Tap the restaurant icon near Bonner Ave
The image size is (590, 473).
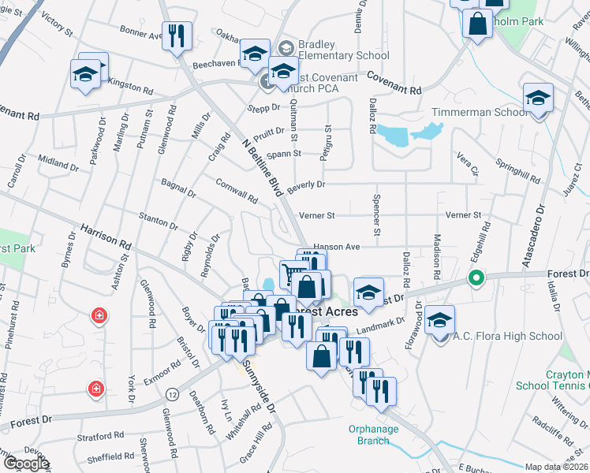click(175, 36)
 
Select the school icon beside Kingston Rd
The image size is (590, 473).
click(84, 75)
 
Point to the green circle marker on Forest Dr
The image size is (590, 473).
click(476, 277)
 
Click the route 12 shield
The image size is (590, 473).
click(172, 393)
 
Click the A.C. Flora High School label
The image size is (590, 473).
click(507, 337)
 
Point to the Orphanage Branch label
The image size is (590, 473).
click(373, 434)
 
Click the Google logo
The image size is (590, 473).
click(26, 464)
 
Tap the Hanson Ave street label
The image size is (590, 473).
click(336, 247)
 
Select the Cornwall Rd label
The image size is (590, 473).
click(237, 191)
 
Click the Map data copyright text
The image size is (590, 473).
click(557, 467)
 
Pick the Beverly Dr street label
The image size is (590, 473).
click(306, 184)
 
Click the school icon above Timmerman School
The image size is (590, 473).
click(538, 99)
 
